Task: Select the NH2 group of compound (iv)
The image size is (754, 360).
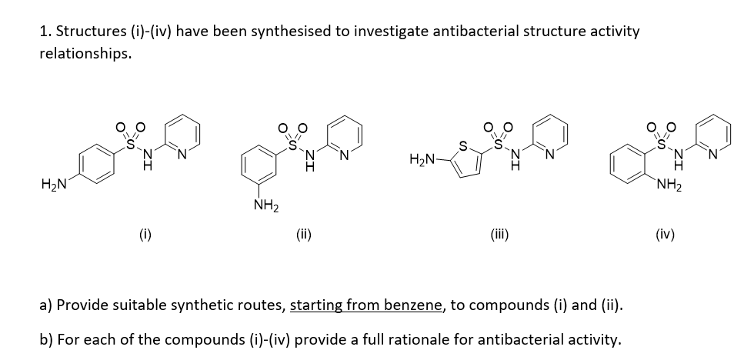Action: (x=666, y=187)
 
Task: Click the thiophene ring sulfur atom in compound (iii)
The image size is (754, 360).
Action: (x=462, y=144)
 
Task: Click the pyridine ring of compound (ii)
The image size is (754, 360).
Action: (x=342, y=137)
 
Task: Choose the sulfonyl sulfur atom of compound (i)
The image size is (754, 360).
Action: (x=131, y=141)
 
